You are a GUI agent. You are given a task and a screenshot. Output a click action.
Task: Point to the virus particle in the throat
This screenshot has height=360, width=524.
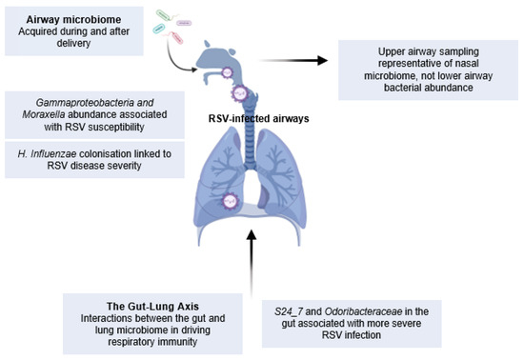[241, 93]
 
